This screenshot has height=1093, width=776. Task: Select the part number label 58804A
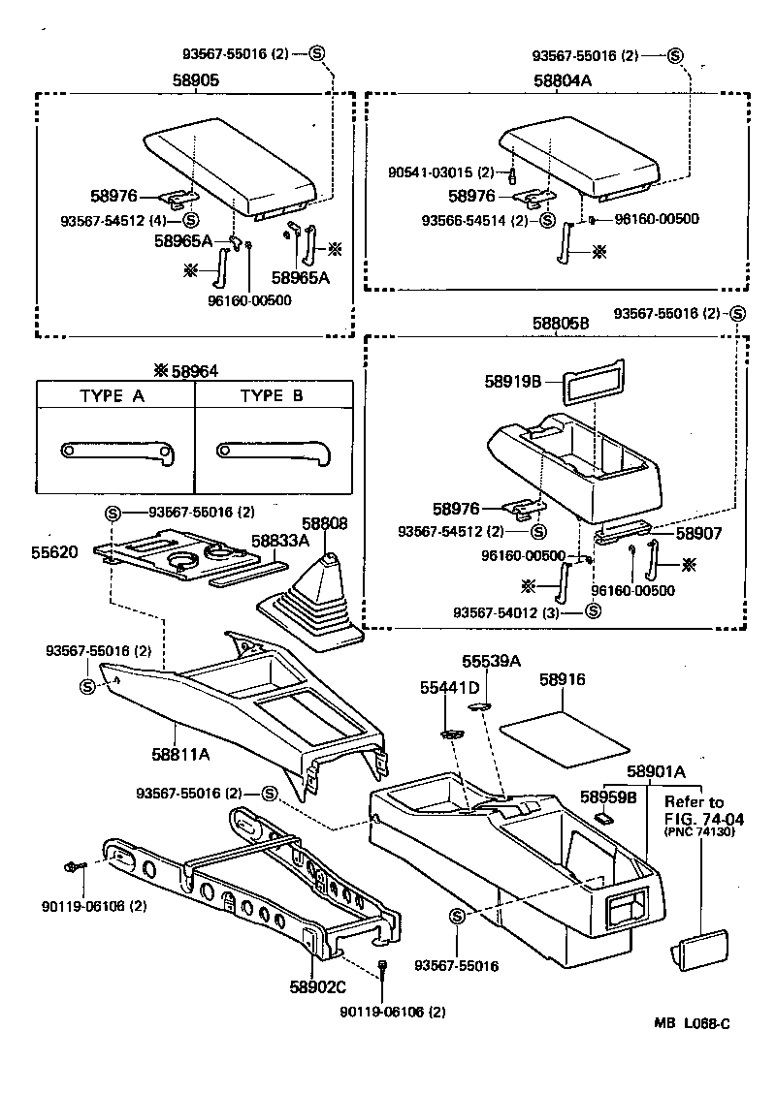pos(561,81)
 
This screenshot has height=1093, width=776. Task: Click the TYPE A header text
pos(115,396)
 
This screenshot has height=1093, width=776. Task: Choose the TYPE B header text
pos(275,396)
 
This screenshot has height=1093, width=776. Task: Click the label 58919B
pos(513,381)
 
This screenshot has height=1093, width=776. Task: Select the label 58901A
pos(656,771)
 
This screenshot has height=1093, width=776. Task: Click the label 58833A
pos(279,540)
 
